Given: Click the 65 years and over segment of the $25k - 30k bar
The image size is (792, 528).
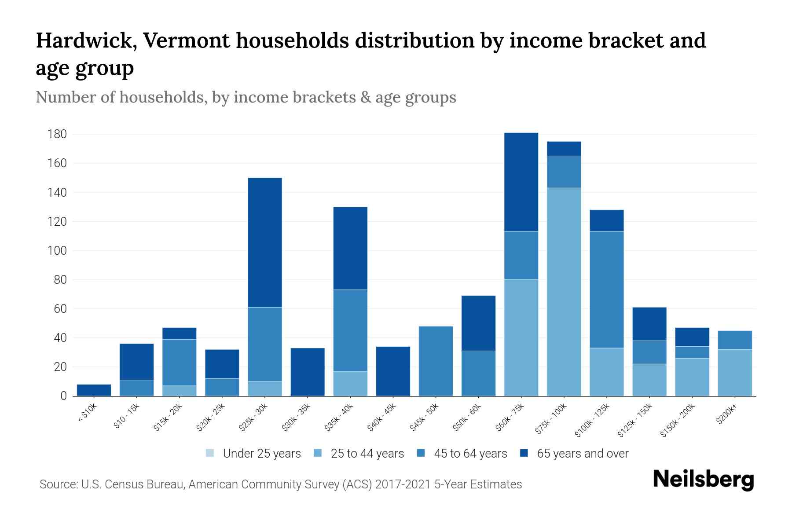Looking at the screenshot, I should [265, 242].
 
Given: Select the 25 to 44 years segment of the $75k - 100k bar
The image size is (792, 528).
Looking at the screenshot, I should [564, 292].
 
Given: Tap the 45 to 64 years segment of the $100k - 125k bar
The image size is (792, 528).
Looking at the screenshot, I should [606, 290].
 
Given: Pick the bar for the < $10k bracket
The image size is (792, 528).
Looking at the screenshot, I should [94, 390].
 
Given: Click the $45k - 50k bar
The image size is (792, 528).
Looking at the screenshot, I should [436, 361].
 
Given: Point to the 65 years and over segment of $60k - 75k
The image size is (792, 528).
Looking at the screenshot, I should [521, 182].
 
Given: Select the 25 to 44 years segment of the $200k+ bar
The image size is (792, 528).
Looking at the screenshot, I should [734, 373].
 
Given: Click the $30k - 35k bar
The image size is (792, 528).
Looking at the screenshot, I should [308, 372].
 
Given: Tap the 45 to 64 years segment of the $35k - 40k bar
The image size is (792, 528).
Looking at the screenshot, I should [350, 330].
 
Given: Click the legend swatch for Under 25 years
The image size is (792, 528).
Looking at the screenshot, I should [210, 453].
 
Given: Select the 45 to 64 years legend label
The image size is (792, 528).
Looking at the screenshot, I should [470, 454].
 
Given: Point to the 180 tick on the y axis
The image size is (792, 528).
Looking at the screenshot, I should [57, 134].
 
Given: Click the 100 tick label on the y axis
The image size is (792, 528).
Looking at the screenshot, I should [57, 251].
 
